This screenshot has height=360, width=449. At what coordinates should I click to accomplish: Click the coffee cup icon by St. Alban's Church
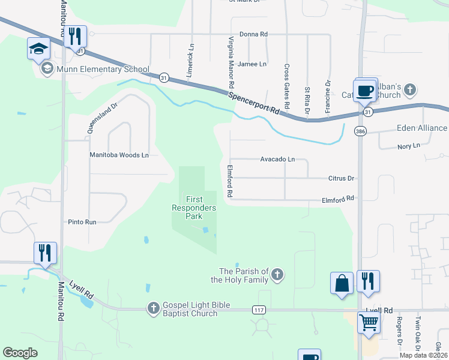(365, 92)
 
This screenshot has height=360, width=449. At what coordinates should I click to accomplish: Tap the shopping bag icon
(342, 283)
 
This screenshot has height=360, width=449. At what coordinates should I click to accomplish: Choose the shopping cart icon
(369, 322)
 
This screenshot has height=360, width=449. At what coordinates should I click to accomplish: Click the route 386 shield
(360, 130)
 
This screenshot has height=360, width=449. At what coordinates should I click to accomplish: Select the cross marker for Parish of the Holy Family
(277, 275)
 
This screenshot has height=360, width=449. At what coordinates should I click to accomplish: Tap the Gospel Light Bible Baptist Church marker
(154, 308)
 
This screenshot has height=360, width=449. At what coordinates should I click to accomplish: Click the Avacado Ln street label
(277, 160)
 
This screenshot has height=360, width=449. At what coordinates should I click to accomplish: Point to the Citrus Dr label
(342, 178)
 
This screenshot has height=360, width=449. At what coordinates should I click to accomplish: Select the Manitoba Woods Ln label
(119, 155)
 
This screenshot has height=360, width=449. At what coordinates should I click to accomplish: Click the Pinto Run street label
(82, 222)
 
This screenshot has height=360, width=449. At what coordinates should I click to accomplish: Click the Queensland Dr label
(95, 116)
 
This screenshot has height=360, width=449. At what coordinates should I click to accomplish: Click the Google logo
(20, 353)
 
